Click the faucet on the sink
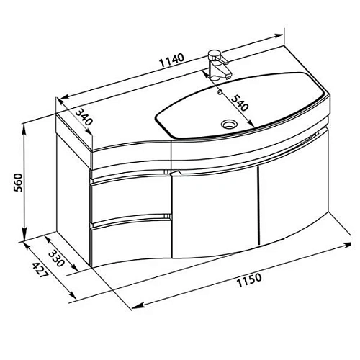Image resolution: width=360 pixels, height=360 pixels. (216, 63)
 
